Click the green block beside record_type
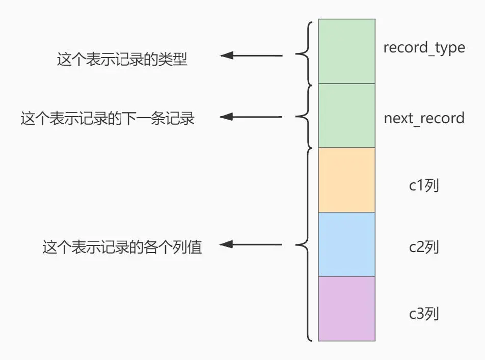click(x=346, y=51)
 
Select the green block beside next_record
click(x=346, y=116)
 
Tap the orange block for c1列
click(x=346, y=180)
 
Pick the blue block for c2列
click(x=346, y=244)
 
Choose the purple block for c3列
click(x=346, y=309)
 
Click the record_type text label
click(x=424, y=48)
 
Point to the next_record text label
click(x=424, y=118)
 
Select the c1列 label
click(x=424, y=185)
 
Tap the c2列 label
click(x=424, y=247)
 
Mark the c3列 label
click(x=424, y=314)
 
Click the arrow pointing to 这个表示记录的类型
click(x=251, y=56)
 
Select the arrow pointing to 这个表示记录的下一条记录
click(x=251, y=117)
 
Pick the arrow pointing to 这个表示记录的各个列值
click(x=251, y=245)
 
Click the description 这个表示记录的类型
click(x=122, y=60)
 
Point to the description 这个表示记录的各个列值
click(x=122, y=248)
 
